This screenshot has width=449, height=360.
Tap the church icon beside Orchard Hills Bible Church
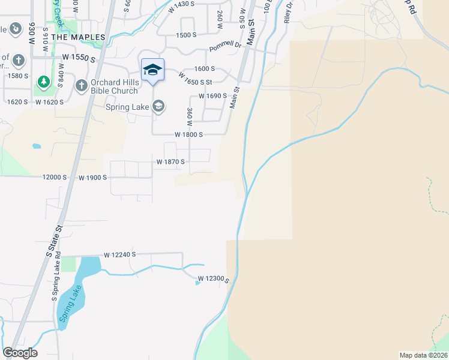81,86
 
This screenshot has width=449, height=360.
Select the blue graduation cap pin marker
152,70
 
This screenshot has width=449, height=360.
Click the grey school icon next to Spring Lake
158,107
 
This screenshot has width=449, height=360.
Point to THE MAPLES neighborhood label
78,37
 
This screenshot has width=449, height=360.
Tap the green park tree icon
43,81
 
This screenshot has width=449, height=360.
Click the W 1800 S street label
188,135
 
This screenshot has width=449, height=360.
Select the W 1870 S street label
170,162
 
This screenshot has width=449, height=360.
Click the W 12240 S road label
119,254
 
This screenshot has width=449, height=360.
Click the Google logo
20,353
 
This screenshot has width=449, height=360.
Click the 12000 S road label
55,178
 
